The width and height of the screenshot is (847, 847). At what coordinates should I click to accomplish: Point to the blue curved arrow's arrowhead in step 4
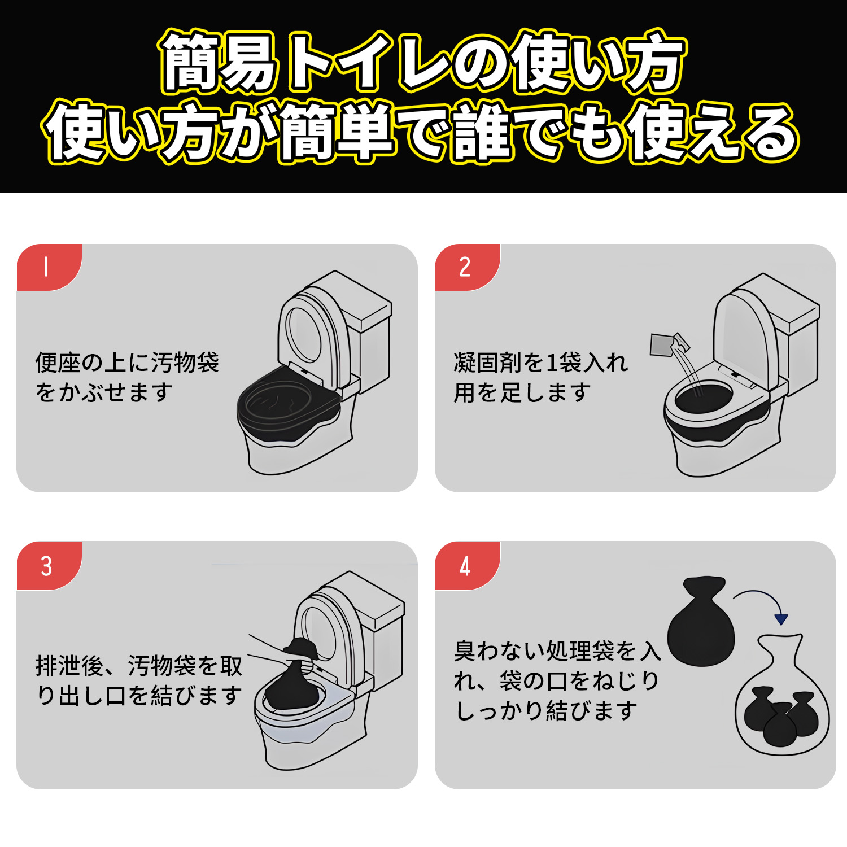coord(781,619)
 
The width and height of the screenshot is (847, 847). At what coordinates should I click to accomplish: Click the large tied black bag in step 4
coord(701,627)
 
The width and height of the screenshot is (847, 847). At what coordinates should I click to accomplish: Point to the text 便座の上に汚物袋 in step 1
coord(127,363)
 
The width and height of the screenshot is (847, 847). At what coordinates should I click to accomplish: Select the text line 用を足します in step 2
coord(522,392)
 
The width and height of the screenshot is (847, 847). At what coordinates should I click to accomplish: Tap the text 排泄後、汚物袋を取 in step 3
coord(139,666)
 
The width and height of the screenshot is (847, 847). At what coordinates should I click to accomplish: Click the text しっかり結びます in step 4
coord(547,710)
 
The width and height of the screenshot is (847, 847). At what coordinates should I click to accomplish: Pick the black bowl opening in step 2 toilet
coord(703,398)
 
